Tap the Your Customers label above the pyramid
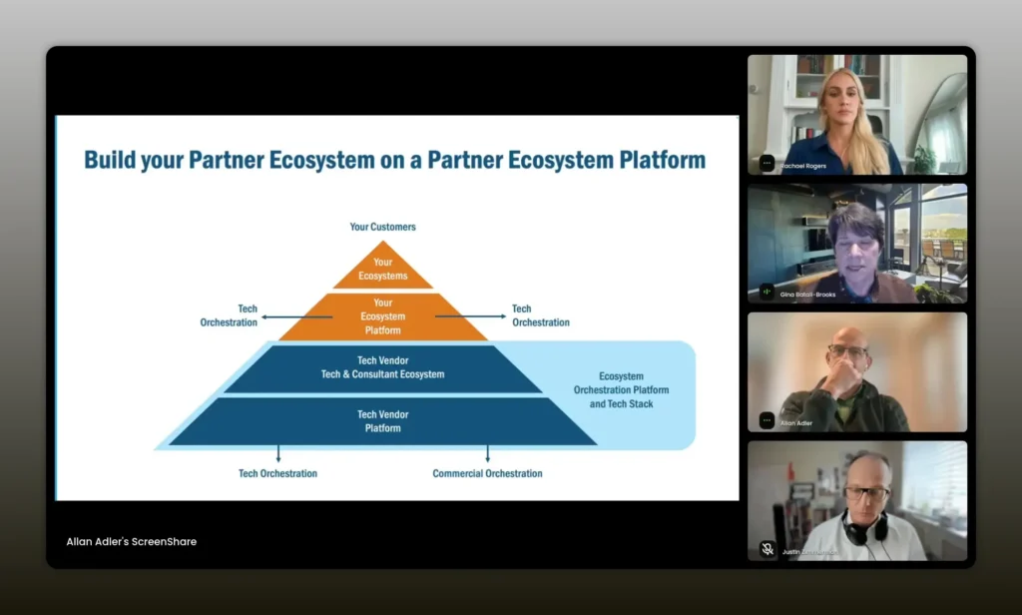point(382,227)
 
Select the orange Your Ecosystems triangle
point(383,269)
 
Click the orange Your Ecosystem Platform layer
point(382,316)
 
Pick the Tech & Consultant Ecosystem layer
point(382,367)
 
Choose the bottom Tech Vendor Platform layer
point(382,421)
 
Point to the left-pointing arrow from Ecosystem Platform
point(296,316)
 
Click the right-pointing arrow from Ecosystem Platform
point(470,316)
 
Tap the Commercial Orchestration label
point(487,473)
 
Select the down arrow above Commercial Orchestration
point(487,454)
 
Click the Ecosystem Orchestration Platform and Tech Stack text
point(621,390)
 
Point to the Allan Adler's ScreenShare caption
point(131,541)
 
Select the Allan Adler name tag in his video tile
point(797,423)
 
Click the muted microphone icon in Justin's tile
point(766,548)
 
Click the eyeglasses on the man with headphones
point(866,492)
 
